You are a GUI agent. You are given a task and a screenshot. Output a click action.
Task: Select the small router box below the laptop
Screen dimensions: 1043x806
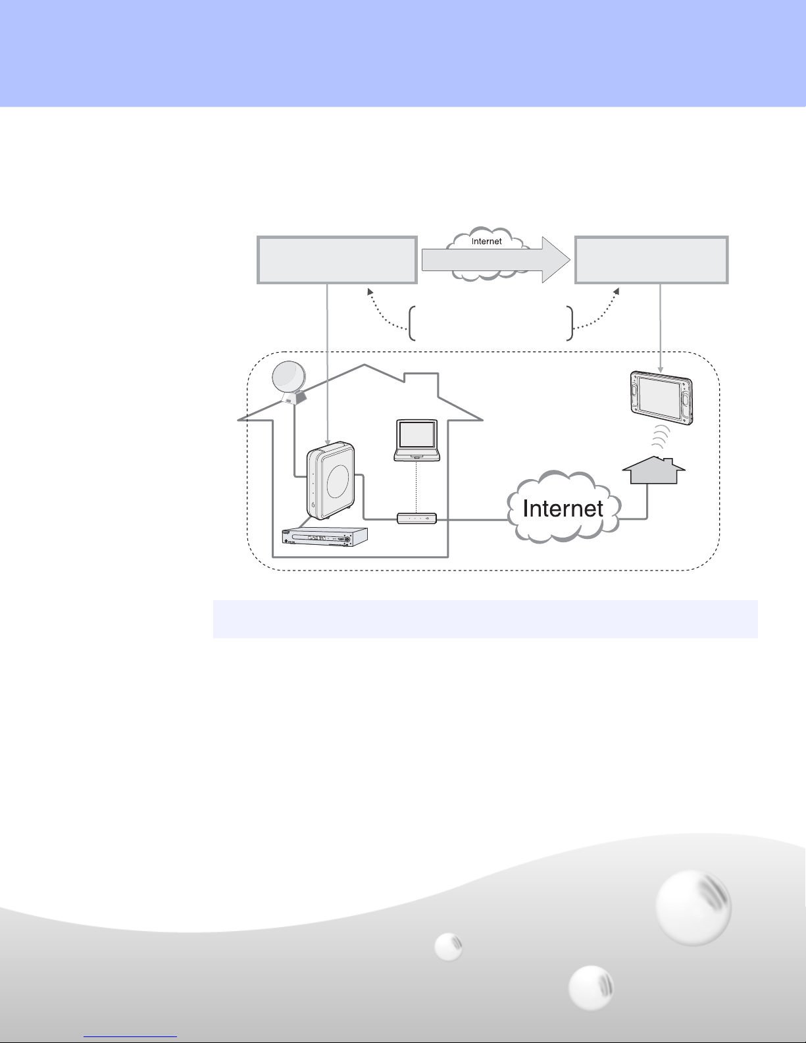click(x=416, y=519)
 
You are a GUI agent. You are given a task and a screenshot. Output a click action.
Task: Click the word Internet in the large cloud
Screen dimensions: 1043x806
click(x=563, y=509)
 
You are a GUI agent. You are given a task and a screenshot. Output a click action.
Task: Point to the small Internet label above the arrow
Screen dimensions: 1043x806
click(x=486, y=242)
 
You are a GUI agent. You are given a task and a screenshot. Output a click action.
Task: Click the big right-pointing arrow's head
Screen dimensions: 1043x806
click(x=556, y=259)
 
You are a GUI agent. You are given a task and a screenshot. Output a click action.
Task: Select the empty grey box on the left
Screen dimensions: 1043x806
click(x=337, y=261)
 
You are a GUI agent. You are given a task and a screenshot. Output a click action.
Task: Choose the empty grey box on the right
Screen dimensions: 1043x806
click(x=651, y=261)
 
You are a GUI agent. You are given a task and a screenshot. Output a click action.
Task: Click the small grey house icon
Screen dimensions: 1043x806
click(x=654, y=471)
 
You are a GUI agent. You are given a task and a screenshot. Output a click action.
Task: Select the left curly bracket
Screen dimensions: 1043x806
click(x=412, y=323)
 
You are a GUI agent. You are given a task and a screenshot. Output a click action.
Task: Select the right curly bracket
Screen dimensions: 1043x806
click(x=570, y=323)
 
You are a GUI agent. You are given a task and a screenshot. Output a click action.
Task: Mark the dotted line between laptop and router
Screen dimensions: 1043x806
click(x=416, y=487)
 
